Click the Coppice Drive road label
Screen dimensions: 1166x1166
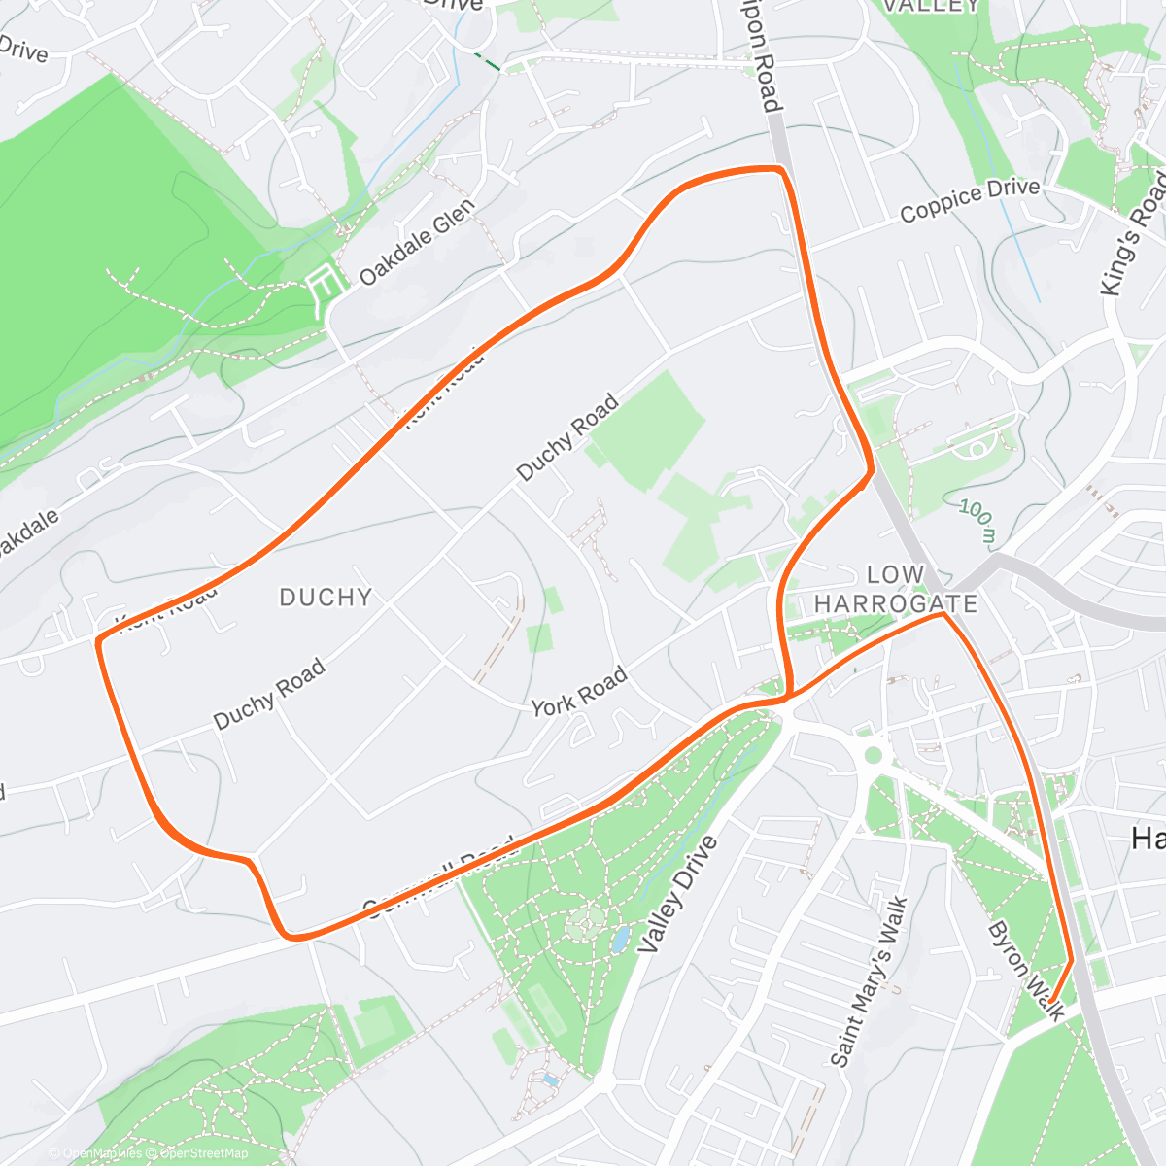tap(969, 198)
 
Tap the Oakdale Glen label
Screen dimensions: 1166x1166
tap(417, 242)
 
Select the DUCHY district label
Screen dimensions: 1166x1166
tap(326, 597)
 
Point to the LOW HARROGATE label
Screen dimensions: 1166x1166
tap(895, 589)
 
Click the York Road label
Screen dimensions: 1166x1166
tap(579, 692)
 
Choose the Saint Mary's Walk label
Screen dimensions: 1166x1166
tap(870, 981)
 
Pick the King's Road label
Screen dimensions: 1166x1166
tap(1133, 234)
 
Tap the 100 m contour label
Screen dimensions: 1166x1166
tap(977, 521)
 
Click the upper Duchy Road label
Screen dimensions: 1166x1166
tap(567, 436)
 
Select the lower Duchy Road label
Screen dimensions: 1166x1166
tap(269, 694)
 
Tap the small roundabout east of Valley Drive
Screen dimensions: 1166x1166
tap(873, 754)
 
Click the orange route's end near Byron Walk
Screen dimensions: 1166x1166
tap(1051, 999)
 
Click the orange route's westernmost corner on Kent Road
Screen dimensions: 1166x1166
tap(98, 640)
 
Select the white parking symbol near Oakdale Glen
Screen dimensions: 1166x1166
tap(326, 283)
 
